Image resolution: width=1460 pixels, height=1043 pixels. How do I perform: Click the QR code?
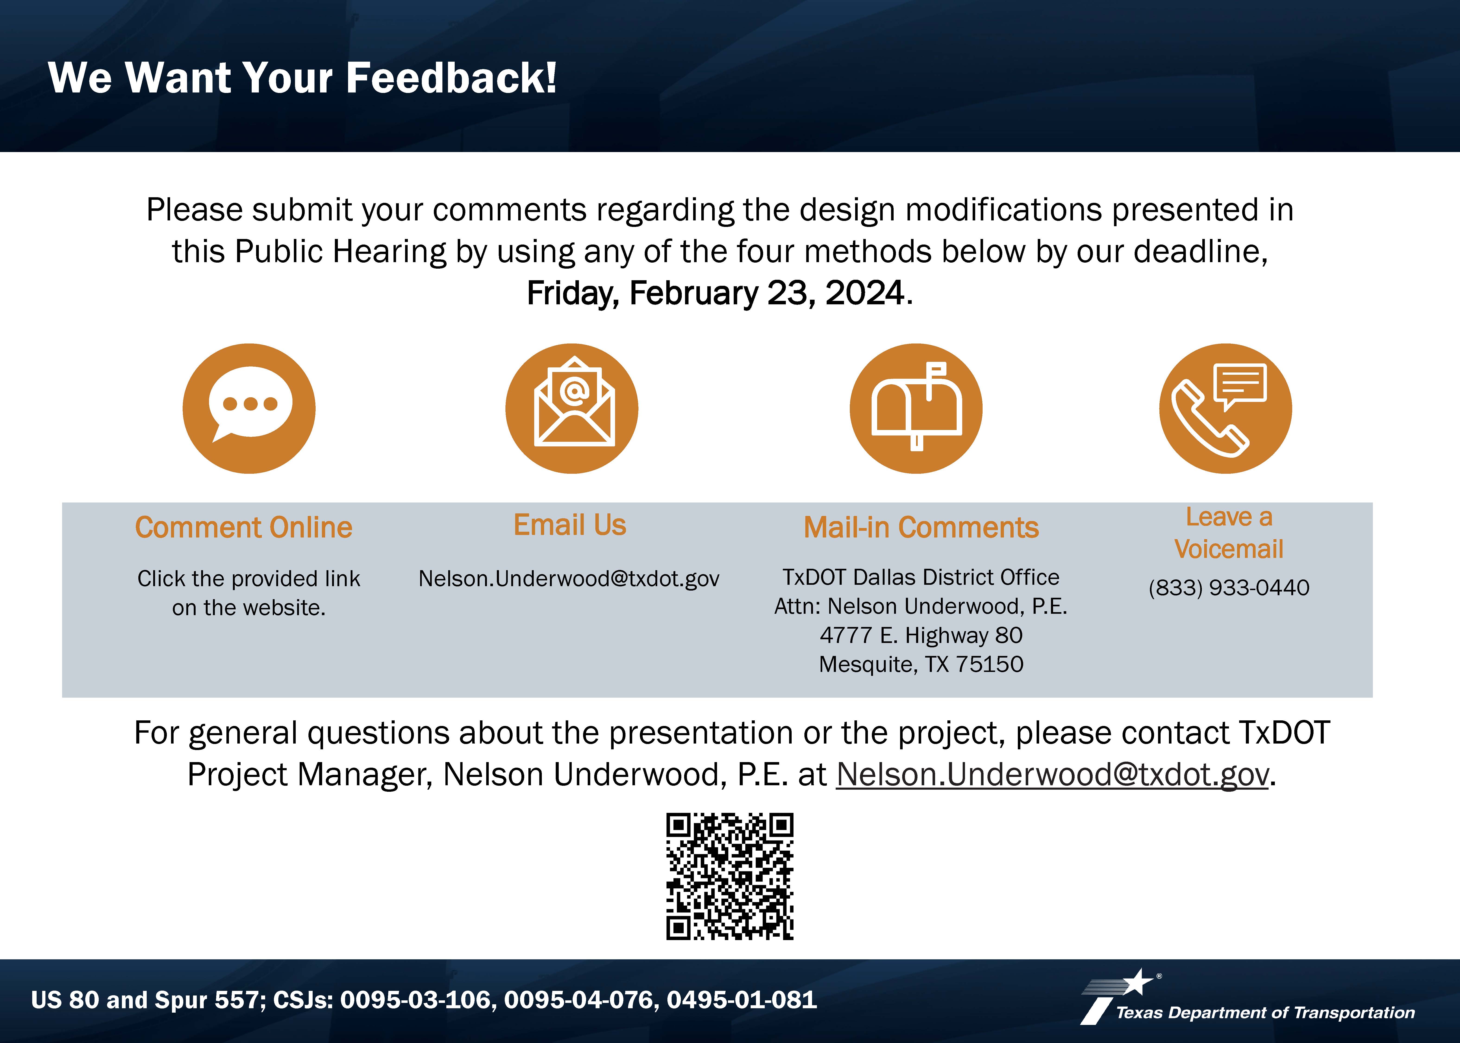(x=730, y=877)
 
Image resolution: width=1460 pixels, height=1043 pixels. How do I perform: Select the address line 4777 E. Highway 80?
(x=921, y=635)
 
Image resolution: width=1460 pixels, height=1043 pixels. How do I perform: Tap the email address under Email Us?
(x=569, y=579)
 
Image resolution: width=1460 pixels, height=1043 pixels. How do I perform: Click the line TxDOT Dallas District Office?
(x=921, y=577)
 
